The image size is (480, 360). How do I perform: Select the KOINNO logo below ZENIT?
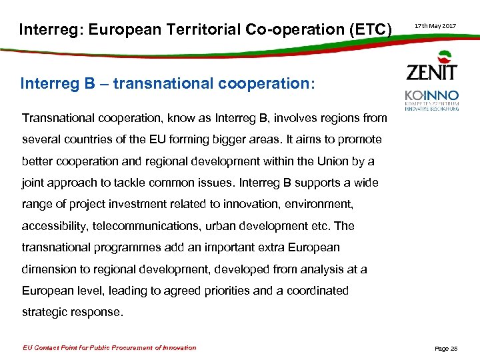pos(431,99)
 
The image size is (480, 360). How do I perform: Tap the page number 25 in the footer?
pos(453,348)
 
